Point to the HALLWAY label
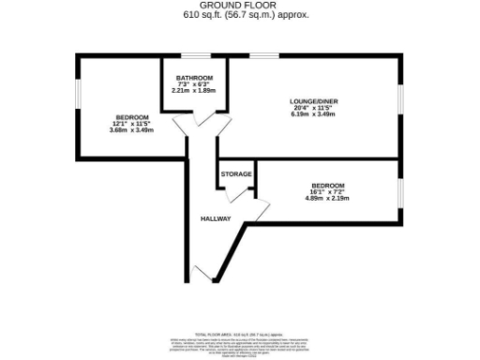215,218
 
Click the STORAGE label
234,174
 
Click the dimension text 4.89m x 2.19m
326,198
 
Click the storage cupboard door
233,193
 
